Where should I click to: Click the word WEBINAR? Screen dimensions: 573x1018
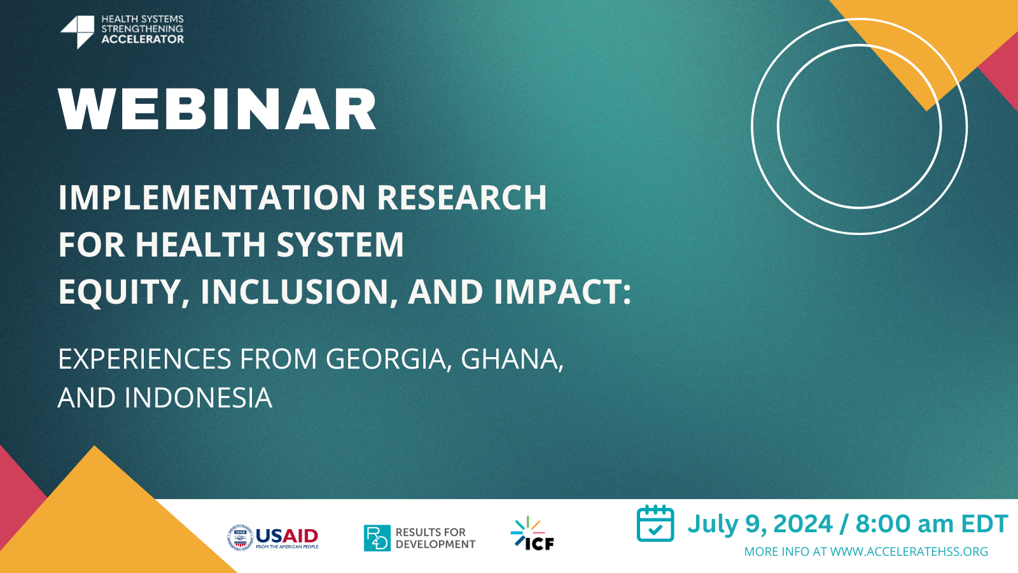[x=217, y=110]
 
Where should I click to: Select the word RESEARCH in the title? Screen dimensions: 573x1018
[x=461, y=197]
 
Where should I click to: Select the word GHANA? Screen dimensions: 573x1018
[x=511, y=359]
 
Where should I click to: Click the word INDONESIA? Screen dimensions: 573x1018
[x=199, y=398]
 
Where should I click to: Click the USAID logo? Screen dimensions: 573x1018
[x=274, y=537]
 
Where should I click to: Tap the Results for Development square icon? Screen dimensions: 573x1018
[x=377, y=538]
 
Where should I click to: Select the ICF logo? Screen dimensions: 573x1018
[x=533, y=534]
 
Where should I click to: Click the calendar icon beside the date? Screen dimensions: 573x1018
[x=655, y=523]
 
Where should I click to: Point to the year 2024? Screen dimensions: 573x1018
[x=802, y=524]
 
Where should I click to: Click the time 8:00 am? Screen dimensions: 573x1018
[x=903, y=524]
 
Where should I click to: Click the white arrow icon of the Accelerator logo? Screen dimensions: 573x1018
[x=78, y=31]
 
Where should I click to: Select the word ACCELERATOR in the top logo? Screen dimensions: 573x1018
[x=143, y=39]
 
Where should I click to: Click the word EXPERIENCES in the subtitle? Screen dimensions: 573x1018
[x=144, y=359]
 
